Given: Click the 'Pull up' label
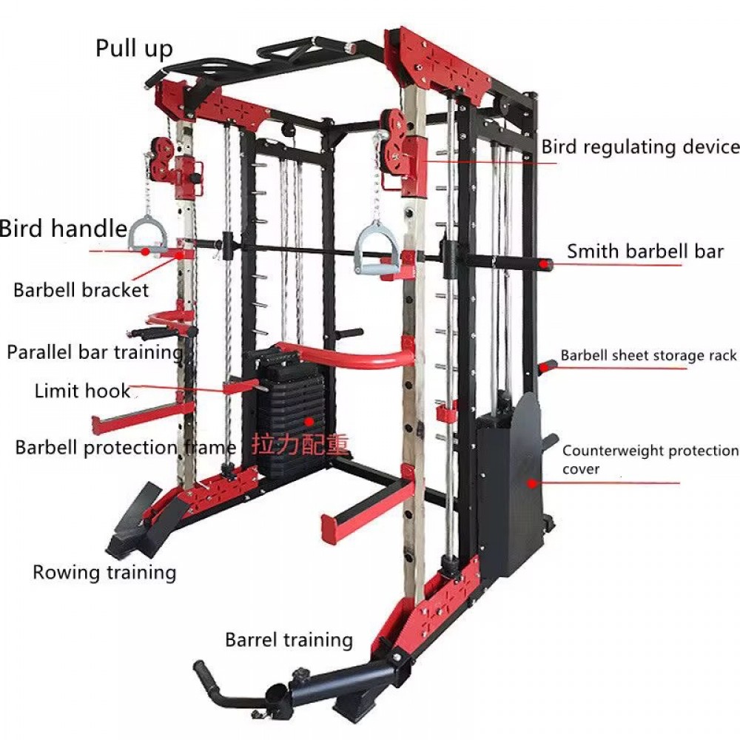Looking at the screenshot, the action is point(134,49).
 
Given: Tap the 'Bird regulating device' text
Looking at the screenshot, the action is point(640,147).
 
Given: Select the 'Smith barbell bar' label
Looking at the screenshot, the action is point(645,252).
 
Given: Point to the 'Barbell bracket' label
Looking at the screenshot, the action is point(81,290).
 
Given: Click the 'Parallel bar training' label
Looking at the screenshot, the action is point(95,353).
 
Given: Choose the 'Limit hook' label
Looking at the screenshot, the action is point(83,391).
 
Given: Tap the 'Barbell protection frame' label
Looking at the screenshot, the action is point(126,448).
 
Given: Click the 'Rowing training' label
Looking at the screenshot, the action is point(104,573).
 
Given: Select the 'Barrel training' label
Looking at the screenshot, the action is point(289,640).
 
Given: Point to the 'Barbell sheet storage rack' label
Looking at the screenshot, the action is point(648,355).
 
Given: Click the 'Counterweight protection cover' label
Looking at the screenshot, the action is point(650,460).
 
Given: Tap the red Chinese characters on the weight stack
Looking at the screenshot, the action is point(300,445).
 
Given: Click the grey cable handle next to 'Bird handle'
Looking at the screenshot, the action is point(148,234).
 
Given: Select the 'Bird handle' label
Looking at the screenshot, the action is point(64,229).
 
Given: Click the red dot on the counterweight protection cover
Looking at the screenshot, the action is point(532,483).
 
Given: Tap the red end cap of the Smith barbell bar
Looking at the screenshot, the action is point(547,264).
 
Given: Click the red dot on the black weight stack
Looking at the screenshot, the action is point(309,421).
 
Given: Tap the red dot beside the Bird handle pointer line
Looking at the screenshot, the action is point(146,252).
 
